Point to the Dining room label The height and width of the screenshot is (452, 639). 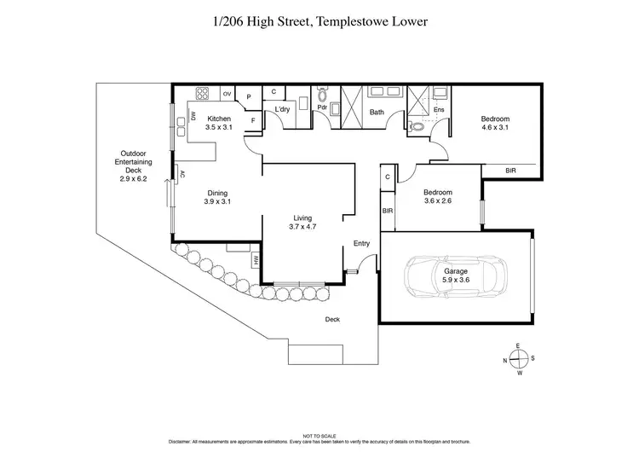click(218, 197)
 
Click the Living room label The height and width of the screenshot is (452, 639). click(302, 222)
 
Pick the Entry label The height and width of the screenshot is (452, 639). click(362, 244)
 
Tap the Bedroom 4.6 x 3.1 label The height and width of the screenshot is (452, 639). click(495, 123)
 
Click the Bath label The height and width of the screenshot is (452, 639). click(377, 112)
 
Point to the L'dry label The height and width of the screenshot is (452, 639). click(282, 112)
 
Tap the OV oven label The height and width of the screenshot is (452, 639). click(227, 93)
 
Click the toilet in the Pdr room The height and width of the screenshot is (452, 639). click(322, 97)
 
